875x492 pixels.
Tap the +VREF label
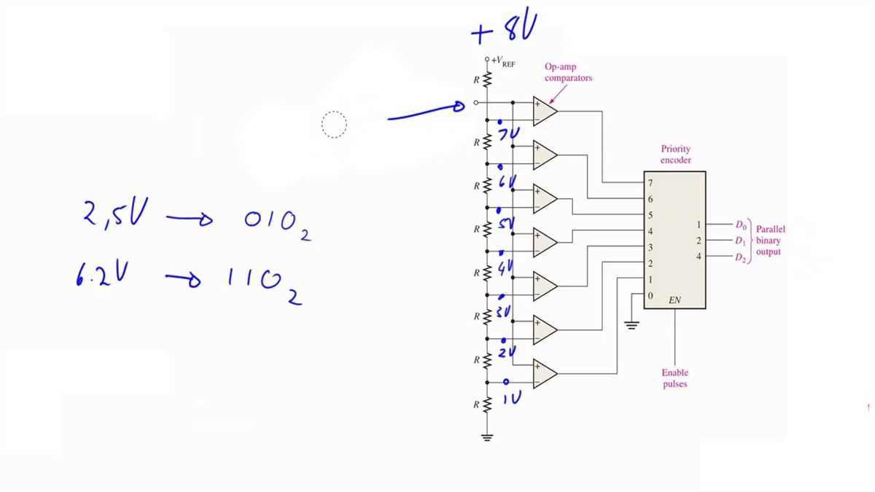point(503,61)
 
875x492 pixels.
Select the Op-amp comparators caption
point(568,72)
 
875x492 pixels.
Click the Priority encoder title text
point(676,155)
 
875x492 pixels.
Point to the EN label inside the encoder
point(674,300)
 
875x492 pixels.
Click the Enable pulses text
point(674,378)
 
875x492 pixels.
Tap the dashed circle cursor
point(334,125)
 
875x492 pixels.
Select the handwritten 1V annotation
point(512,397)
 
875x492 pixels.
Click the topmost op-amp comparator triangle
point(544,111)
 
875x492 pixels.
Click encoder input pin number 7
point(650,182)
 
